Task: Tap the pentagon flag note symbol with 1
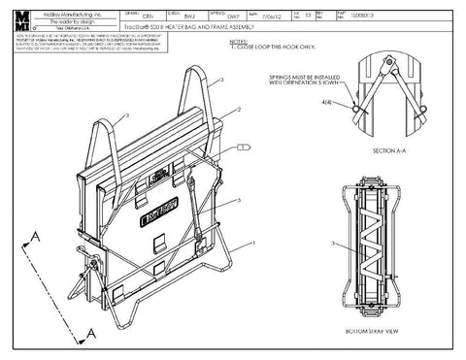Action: pyautogui.click(x=243, y=147)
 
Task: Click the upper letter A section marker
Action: pyautogui.click(x=35, y=237)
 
